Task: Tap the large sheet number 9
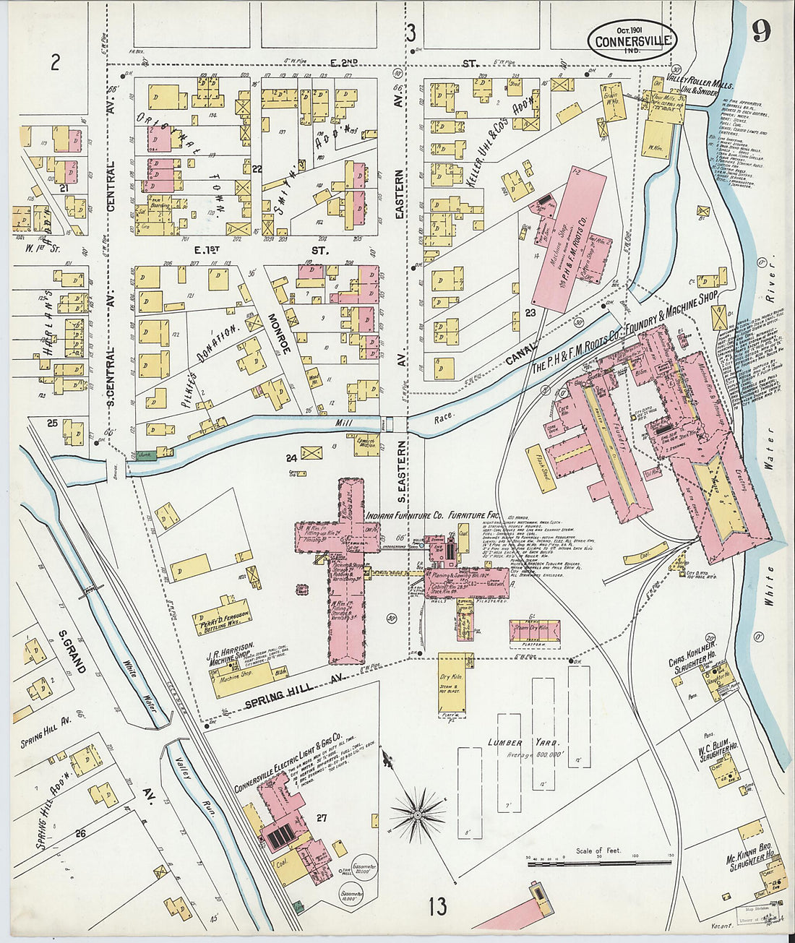[x=760, y=30]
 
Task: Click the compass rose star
[x=417, y=814]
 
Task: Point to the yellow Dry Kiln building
[x=455, y=681]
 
